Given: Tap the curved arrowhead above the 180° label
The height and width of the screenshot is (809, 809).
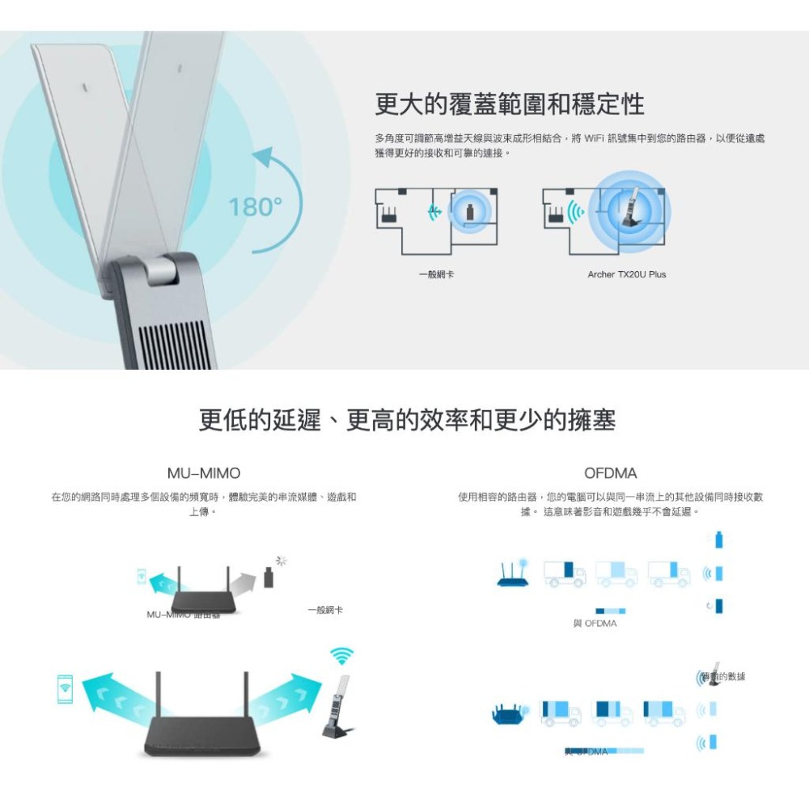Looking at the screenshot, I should click(264, 159).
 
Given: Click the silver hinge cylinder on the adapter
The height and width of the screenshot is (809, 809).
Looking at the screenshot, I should click(162, 269).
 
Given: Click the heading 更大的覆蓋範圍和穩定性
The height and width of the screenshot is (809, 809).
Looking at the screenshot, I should click(510, 104).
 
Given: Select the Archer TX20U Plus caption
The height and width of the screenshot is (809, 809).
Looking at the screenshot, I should click(626, 275).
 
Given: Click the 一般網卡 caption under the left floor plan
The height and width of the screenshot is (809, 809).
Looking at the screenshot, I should click(436, 275).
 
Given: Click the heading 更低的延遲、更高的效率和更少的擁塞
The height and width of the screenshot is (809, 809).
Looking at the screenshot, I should click(407, 420).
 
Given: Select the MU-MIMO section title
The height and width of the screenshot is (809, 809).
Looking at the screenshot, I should click(203, 472).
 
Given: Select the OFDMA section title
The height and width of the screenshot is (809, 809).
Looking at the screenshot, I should click(610, 472).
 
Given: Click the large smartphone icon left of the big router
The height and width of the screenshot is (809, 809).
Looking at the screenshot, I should click(66, 688).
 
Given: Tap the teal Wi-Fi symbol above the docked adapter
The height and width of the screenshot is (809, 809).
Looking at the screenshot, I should click(341, 655).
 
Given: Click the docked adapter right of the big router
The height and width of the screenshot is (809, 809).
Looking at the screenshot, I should click(339, 705).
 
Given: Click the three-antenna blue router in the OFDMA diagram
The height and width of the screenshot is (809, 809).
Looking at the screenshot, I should click(512, 573).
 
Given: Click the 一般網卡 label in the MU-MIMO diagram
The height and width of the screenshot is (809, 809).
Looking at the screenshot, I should click(325, 609).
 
